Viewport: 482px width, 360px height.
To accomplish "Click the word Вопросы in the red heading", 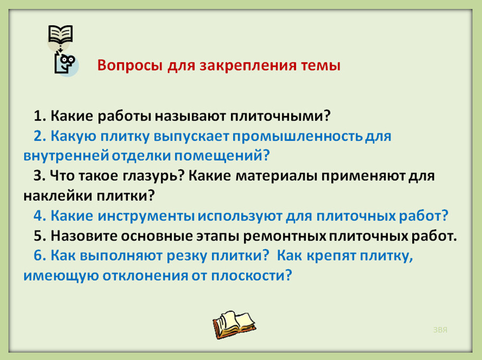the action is tap(129, 66).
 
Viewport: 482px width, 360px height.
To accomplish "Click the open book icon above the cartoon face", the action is tap(61, 34).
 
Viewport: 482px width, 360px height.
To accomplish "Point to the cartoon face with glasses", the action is tap(66, 63).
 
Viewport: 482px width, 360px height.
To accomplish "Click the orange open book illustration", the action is tap(234, 325).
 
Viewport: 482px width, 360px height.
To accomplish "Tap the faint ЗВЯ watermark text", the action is tap(440, 330).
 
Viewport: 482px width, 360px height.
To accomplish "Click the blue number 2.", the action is tap(40, 136).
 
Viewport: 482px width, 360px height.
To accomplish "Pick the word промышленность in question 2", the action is tap(297, 137).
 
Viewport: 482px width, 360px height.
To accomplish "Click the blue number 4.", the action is tap(40, 216).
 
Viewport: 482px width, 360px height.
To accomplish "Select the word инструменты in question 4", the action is tap(146, 216).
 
